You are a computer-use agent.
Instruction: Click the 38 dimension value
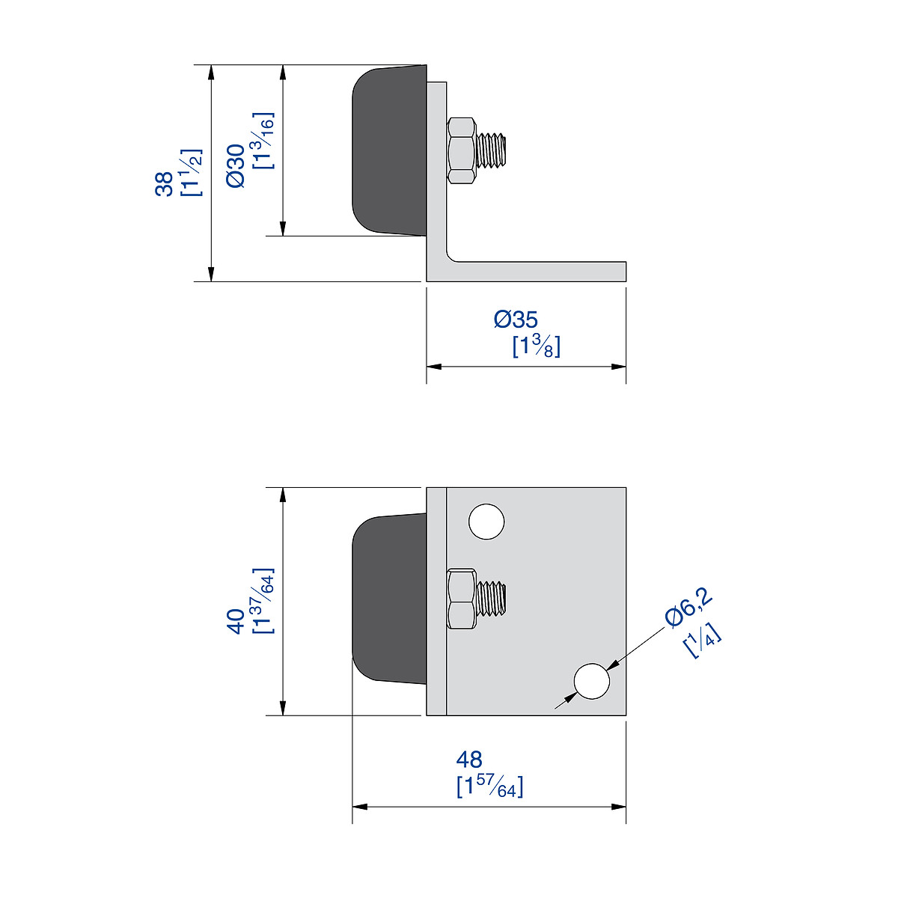(x=164, y=184)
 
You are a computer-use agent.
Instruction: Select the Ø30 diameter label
(x=236, y=166)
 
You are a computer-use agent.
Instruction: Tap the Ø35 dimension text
(x=516, y=320)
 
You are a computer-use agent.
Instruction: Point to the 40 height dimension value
(x=236, y=621)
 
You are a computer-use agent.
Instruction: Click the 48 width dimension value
(x=469, y=760)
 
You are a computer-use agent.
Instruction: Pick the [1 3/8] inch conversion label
(x=537, y=346)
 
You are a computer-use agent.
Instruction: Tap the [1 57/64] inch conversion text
(x=489, y=787)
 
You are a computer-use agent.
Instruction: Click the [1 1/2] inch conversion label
(x=192, y=172)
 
